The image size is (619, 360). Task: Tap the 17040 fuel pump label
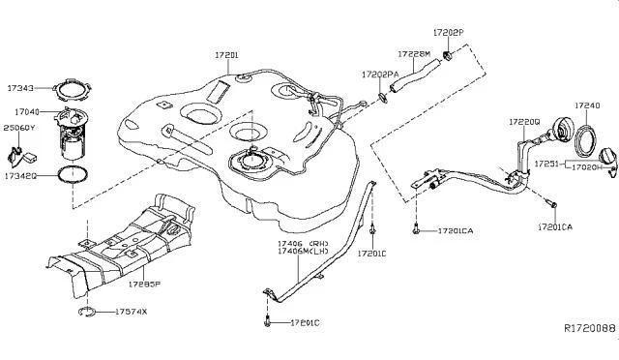pos(22,112)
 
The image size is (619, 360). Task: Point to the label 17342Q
pos(20,178)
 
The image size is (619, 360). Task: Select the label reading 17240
pos(587,105)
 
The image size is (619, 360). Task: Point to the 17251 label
pos(547,165)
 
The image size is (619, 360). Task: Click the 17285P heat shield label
pos(146,285)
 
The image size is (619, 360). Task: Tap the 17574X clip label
pos(131,312)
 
